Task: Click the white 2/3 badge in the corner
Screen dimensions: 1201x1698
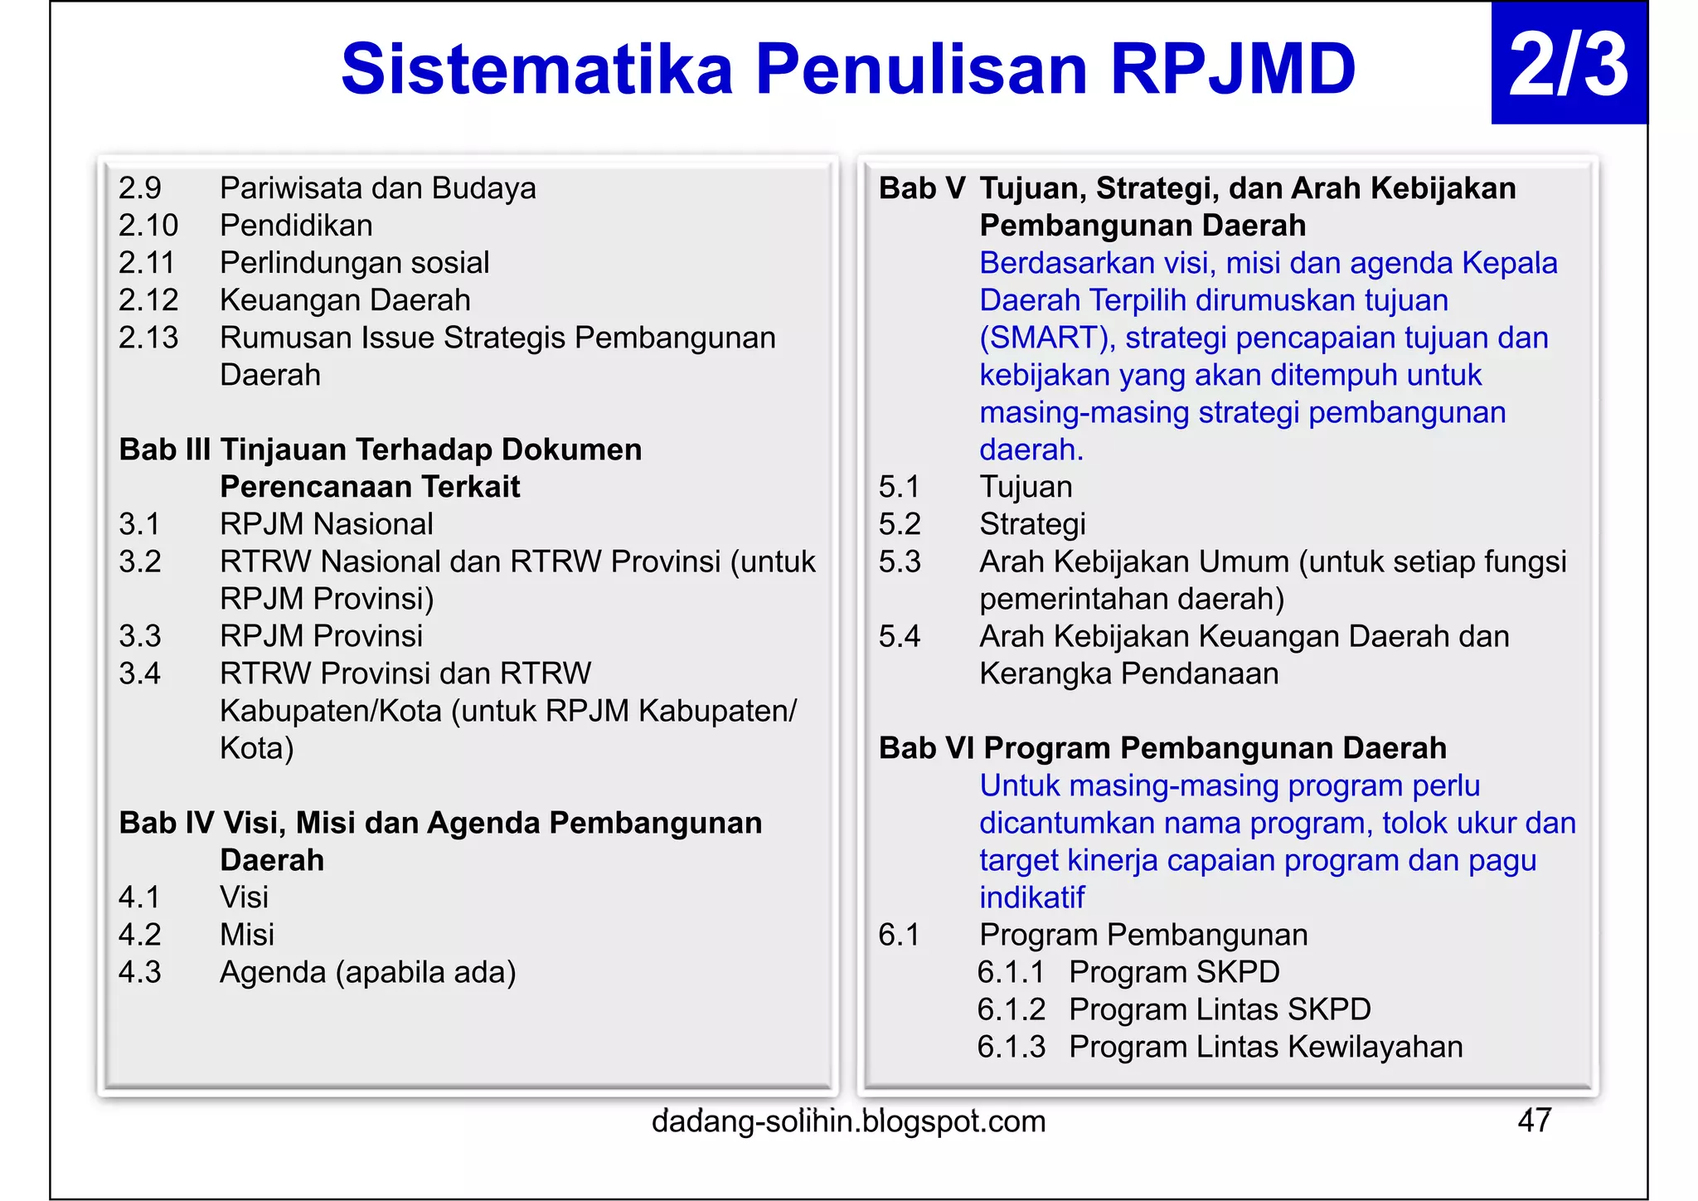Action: click(1568, 65)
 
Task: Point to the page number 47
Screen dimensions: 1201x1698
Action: click(1534, 1121)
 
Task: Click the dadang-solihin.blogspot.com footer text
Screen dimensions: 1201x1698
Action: click(848, 1121)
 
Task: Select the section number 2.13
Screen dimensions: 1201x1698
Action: click(148, 338)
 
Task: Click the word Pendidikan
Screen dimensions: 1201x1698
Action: click(296, 226)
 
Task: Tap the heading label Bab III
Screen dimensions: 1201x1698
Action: click(164, 450)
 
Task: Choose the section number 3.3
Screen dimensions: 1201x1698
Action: click(139, 636)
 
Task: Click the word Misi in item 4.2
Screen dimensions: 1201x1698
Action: click(246, 935)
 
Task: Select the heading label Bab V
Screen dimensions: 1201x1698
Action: click(921, 188)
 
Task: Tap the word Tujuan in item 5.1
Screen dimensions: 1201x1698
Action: click(1026, 487)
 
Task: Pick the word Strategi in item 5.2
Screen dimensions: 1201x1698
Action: click(1032, 524)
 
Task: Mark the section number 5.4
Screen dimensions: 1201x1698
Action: click(900, 636)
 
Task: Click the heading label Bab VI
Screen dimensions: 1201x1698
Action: click(926, 748)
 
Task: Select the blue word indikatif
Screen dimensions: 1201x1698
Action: click(1031, 897)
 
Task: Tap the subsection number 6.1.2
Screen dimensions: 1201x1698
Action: click(1011, 1009)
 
